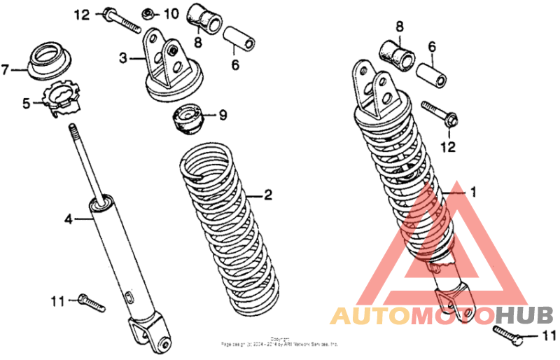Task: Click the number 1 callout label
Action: [472, 191]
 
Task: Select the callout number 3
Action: [122, 59]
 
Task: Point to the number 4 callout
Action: [69, 220]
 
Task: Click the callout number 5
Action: [27, 104]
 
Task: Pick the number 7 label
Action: [6, 69]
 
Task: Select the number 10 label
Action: [171, 14]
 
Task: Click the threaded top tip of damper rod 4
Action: [71, 128]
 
